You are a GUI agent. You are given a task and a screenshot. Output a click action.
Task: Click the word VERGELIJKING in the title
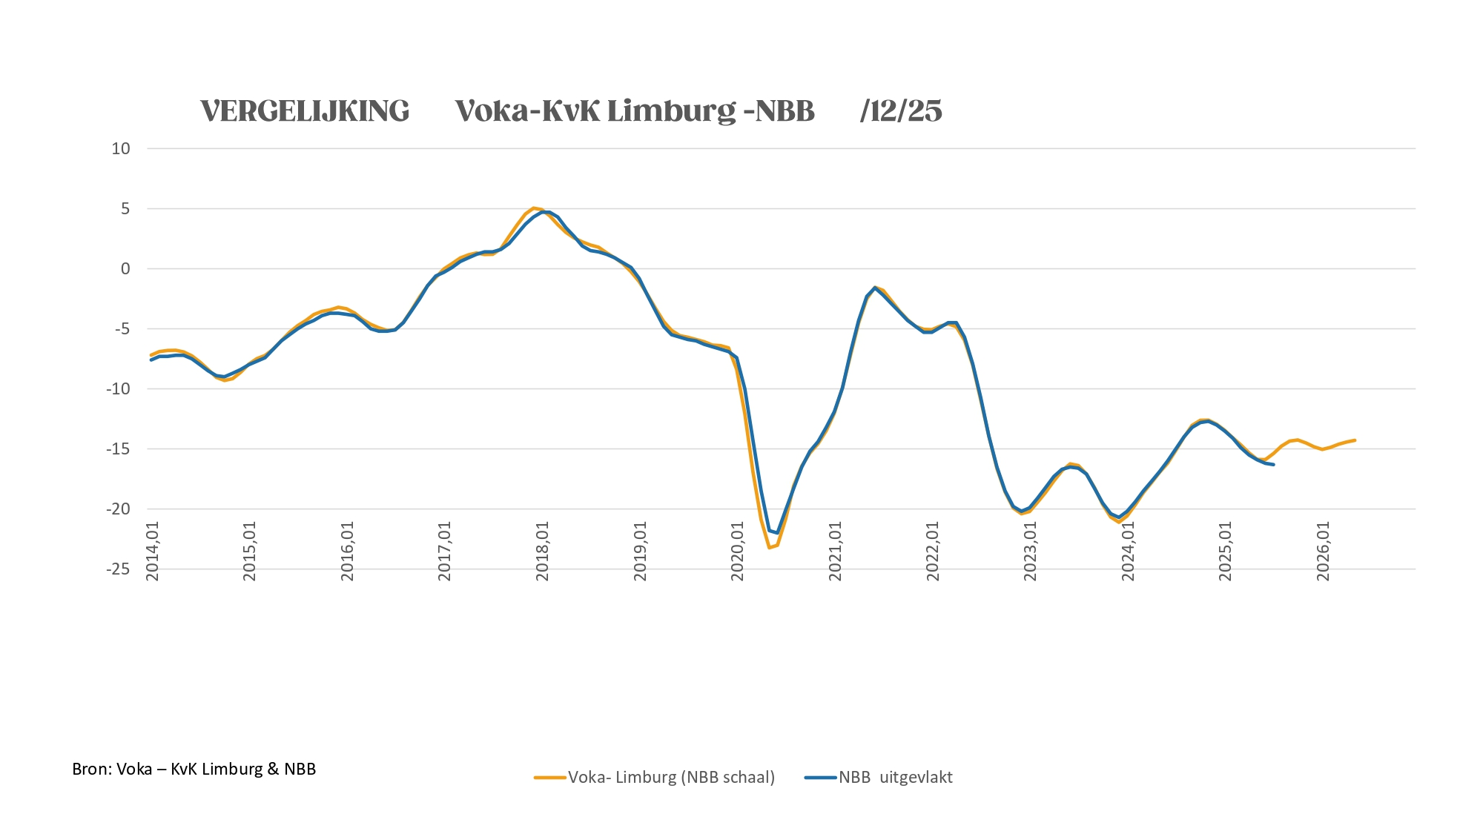coord(305,111)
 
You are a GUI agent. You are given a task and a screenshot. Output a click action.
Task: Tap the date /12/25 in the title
coord(901,111)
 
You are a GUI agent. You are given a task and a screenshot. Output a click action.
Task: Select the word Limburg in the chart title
coord(671,111)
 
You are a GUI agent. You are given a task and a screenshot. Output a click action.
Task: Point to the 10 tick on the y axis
coord(121,148)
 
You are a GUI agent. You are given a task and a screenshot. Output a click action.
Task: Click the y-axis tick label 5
coord(125,208)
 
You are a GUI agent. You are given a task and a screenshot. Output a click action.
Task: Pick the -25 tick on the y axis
coord(118,569)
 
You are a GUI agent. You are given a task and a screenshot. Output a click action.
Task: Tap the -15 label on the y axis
coord(118,449)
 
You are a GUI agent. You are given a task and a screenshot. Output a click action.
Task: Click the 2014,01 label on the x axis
coord(153,551)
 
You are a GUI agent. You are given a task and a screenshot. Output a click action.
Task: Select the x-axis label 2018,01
coord(543,551)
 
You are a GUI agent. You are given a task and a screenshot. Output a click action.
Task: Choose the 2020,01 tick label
coord(738,551)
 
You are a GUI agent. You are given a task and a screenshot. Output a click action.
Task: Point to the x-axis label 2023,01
coord(1031,551)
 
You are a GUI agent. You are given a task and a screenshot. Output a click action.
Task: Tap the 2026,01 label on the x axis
coord(1324,551)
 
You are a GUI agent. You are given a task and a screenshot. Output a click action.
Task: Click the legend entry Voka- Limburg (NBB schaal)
coord(671,777)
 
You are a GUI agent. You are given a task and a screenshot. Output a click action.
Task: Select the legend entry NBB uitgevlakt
coord(895,777)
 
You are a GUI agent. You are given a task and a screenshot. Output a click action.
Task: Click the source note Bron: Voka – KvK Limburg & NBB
coord(194,769)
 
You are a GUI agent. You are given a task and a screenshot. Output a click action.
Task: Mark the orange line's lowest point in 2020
coord(769,548)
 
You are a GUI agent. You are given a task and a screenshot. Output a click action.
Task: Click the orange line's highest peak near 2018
coord(533,208)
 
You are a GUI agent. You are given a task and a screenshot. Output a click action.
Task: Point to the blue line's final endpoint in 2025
coord(1273,465)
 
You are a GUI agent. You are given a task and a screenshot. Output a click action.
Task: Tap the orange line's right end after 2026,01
coord(1355,440)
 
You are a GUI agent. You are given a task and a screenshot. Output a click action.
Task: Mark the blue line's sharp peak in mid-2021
coord(875,287)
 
